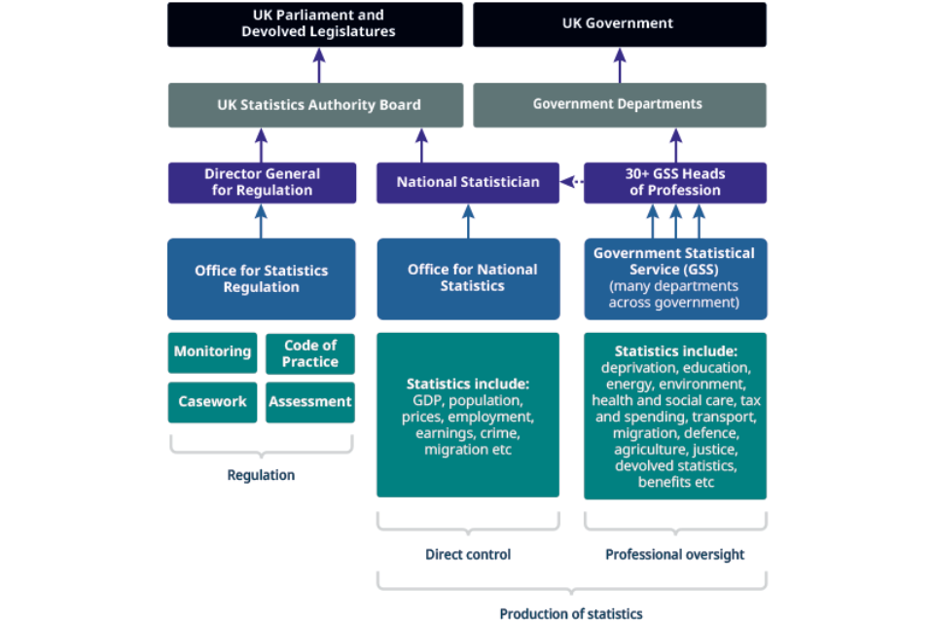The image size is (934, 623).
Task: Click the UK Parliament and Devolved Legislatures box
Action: (315, 24)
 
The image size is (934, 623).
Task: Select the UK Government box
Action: (619, 24)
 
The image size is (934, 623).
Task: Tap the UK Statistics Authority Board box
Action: (315, 105)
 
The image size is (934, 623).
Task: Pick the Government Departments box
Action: (619, 105)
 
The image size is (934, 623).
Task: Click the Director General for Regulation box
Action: (262, 182)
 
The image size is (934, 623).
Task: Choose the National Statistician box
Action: (468, 182)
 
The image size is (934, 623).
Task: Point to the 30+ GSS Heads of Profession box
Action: (675, 182)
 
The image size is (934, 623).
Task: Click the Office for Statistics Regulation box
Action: (262, 278)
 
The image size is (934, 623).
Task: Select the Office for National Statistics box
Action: (468, 278)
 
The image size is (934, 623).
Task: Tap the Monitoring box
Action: (213, 352)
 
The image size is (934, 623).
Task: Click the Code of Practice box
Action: (310, 353)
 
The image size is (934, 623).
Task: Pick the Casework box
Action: (213, 401)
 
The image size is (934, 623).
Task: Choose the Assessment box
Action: (310, 401)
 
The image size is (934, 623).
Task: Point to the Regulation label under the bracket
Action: (261, 476)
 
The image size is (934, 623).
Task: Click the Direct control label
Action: (468, 555)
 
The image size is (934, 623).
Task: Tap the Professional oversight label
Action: (675, 555)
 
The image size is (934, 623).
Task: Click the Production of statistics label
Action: (571, 613)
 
